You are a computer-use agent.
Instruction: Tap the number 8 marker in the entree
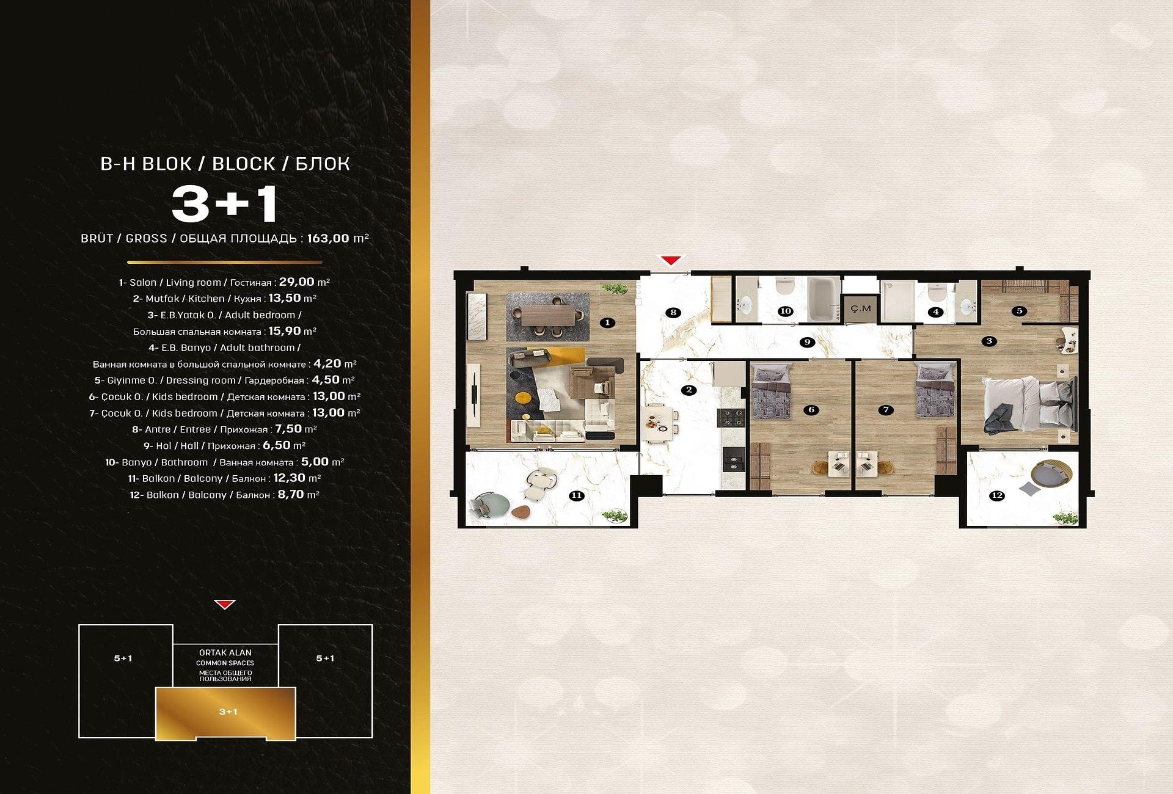pos(673,313)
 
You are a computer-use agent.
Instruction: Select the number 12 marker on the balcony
pos(997,495)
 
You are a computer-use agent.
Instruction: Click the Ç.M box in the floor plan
pos(860,308)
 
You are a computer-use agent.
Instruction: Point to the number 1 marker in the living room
pos(607,322)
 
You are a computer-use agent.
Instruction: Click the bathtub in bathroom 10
pos(822,299)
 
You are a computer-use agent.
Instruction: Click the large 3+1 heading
pos(225,203)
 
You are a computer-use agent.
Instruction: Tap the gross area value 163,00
pos(327,238)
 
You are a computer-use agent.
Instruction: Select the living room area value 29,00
pos(297,282)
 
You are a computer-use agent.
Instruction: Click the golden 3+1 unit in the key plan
pos(225,713)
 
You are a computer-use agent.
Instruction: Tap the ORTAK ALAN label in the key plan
pos(225,653)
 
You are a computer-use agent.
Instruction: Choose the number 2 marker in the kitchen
pos(689,390)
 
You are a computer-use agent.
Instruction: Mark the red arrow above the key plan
pos(225,605)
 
